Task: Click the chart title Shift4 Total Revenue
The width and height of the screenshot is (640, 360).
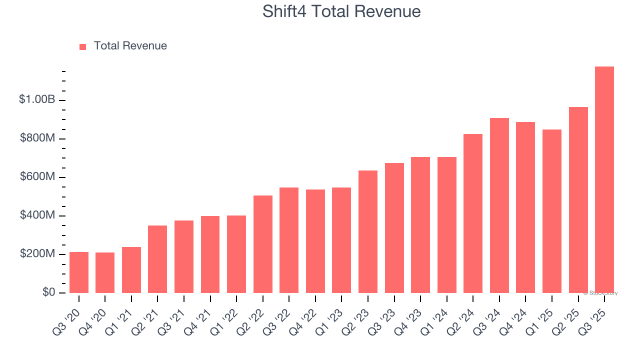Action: [341, 11]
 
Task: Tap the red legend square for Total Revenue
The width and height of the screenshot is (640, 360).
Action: [83, 46]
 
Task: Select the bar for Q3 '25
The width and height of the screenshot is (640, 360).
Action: [604, 179]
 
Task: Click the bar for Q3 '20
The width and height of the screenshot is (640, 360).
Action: [79, 272]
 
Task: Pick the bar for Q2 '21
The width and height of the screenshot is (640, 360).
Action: [157, 259]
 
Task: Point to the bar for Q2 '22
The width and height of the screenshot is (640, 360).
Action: [263, 244]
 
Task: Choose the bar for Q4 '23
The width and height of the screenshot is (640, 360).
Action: [420, 225]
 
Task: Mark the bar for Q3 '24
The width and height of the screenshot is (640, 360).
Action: [499, 205]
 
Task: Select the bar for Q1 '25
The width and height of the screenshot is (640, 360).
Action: [552, 211]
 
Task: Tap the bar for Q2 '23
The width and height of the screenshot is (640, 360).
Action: [368, 231]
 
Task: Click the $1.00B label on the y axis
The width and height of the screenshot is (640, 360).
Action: [37, 99]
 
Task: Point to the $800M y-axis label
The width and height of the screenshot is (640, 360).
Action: [37, 138]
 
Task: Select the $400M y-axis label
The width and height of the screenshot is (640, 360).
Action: [37, 215]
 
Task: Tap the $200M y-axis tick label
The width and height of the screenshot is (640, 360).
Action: [37, 254]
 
